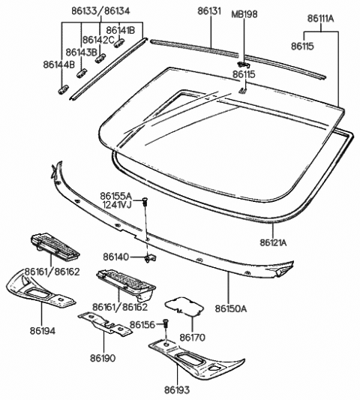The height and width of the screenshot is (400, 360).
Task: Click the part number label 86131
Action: [213, 13]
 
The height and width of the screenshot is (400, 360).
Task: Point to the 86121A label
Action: [276, 242]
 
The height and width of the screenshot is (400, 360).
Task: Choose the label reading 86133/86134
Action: [87, 13]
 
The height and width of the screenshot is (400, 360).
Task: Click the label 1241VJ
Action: [117, 204]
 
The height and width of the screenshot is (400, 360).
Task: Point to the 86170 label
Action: [193, 338]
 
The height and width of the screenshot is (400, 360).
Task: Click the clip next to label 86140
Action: [148, 257]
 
